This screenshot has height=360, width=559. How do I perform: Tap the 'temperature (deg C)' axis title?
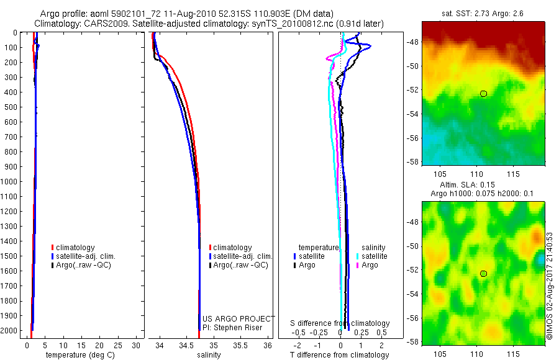coord(78,355)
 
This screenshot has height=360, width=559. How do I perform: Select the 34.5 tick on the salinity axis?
coord(188,345)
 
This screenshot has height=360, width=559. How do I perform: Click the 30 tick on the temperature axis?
coord(137,345)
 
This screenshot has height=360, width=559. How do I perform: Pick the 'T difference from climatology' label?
coord(339,355)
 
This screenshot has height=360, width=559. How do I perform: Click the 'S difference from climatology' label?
coord(340,323)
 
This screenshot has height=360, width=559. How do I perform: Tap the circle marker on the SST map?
coord(483,93)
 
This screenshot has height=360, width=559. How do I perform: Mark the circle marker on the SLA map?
coord(483,274)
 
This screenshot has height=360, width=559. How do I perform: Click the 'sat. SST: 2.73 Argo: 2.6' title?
coord(483,13)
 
